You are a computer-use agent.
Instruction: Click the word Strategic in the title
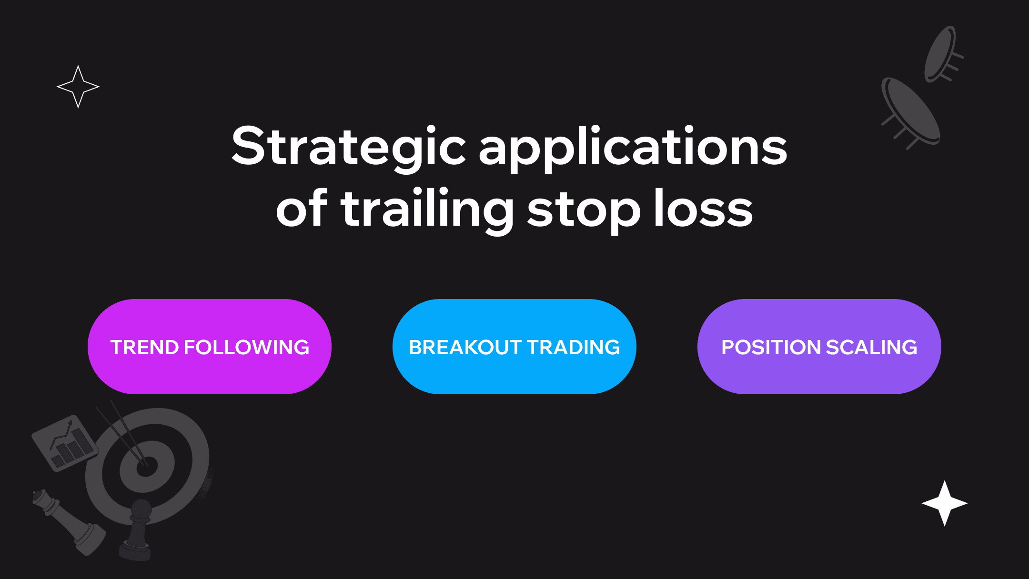(x=348, y=148)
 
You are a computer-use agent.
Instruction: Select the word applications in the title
(x=633, y=148)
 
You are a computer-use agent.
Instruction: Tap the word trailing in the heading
(x=427, y=210)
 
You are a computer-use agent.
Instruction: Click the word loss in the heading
(x=703, y=208)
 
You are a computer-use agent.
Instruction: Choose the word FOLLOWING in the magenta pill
(x=247, y=347)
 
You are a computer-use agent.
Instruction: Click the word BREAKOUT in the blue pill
(x=465, y=347)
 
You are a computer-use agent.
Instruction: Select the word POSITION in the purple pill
(x=772, y=347)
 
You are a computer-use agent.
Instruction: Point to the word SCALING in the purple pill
(x=872, y=347)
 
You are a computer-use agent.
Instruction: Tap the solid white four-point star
(x=945, y=503)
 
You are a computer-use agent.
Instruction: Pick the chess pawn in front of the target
(x=136, y=529)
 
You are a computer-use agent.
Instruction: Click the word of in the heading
(x=302, y=208)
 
